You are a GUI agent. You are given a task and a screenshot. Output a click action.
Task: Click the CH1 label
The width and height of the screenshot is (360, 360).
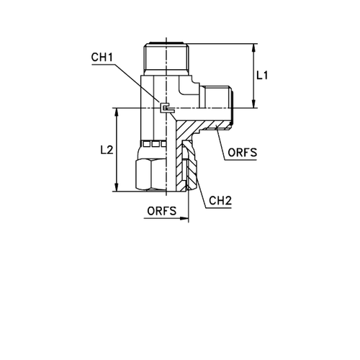pos(102,57)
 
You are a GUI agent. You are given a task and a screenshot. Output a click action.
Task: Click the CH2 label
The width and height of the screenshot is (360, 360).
pos(220,201)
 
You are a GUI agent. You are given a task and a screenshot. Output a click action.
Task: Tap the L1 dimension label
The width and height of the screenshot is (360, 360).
pos(262,76)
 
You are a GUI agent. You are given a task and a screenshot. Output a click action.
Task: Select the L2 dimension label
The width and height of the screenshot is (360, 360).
pos(107,150)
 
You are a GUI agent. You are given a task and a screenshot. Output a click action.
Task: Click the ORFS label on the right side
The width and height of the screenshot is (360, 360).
pos(242,153)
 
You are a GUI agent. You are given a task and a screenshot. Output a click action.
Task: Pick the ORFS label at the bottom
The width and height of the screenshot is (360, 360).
pos(162,211)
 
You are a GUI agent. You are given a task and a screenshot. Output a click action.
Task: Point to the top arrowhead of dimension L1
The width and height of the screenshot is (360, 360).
pos(253,48)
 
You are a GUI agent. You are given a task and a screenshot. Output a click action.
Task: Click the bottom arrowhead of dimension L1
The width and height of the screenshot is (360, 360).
pos(253,104)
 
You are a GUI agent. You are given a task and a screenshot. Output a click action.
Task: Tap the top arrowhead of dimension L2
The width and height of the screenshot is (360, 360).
pos(117,112)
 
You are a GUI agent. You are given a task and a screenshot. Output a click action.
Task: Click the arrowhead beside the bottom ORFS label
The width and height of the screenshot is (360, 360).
pos(184,218)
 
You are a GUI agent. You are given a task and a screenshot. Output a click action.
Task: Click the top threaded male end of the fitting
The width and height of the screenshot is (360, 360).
pos(166,58)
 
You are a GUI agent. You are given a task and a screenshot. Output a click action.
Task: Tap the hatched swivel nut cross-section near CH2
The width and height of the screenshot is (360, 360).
pos(192,166)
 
